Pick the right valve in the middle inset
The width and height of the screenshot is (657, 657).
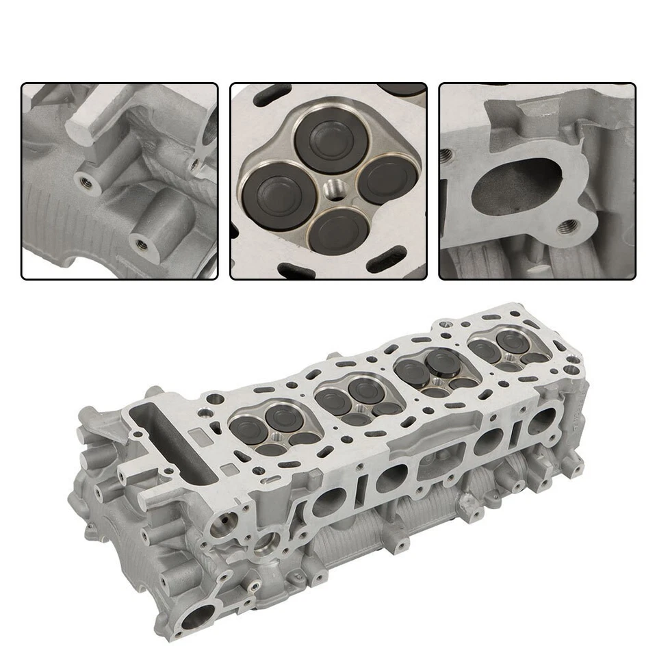[387, 179]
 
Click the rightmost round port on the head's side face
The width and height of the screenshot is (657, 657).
[545, 422]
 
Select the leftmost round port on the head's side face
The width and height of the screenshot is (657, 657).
[325, 503]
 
